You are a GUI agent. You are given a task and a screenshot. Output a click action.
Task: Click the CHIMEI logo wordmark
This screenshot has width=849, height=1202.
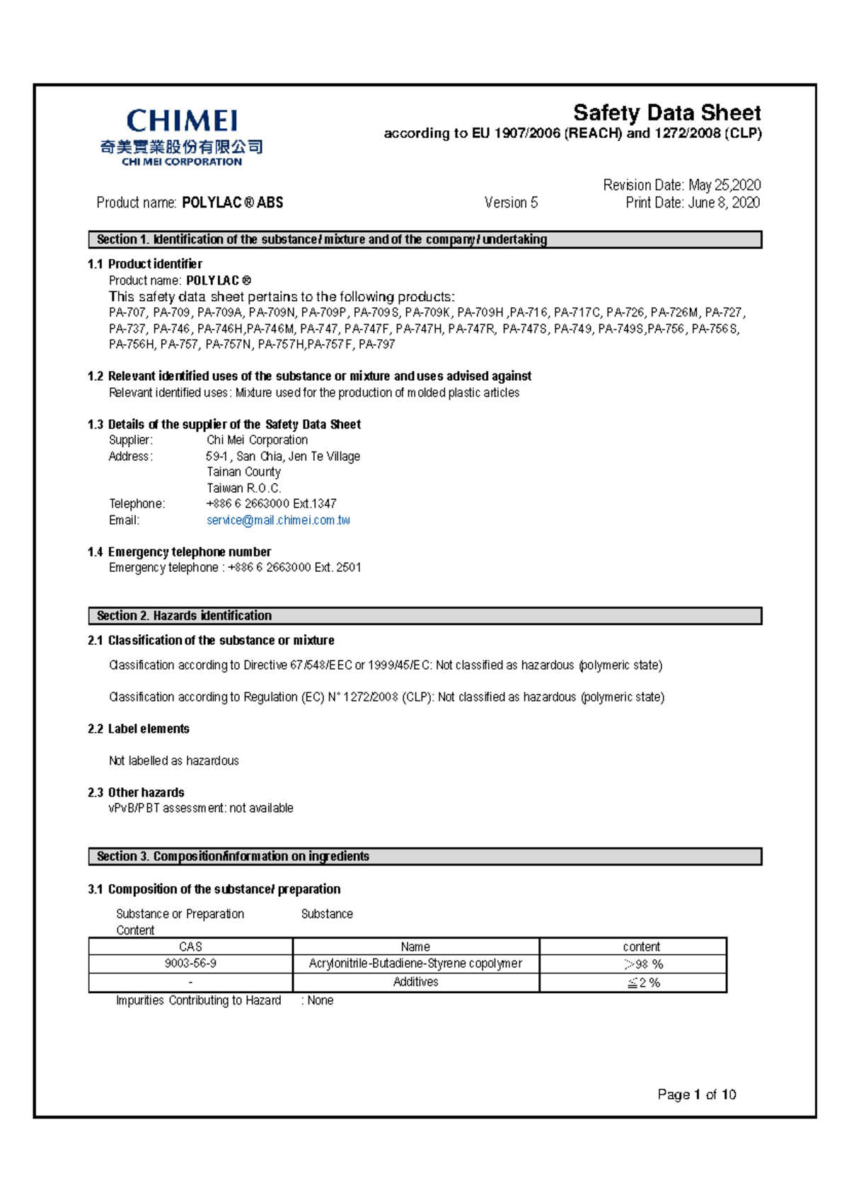coord(182,121)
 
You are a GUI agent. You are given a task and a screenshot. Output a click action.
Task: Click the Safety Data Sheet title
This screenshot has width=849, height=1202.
coord(666,113)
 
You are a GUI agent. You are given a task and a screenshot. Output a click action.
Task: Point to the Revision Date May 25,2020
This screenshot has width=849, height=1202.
coord(681,185)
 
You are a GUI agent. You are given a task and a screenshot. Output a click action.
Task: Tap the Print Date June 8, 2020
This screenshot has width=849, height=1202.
coord(693,203)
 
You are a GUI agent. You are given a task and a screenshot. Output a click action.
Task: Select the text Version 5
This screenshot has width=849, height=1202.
coord(511,203)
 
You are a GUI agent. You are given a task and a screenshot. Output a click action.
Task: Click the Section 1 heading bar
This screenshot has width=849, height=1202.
coord(424,239)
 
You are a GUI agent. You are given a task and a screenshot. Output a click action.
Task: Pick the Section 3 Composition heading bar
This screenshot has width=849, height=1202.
coord(424,857)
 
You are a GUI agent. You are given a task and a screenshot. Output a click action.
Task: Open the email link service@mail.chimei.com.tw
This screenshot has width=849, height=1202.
coord(278,520)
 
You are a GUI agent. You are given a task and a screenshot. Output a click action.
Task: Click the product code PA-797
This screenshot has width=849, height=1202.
coord(376,345)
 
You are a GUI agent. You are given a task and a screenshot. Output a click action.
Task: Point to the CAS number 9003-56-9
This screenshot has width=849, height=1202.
coord(190,963)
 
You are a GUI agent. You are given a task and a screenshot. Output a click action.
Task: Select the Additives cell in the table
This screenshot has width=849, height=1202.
coord(415,982)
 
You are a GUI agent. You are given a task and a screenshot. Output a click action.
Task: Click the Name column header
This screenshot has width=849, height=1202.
coord(415,946)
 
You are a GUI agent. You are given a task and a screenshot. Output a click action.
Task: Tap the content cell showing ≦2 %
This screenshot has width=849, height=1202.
coord(643,983)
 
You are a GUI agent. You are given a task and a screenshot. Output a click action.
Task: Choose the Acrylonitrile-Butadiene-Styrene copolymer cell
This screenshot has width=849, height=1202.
coord(415,963)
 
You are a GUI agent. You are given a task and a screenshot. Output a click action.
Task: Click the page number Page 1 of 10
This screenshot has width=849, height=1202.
coord(696,1094)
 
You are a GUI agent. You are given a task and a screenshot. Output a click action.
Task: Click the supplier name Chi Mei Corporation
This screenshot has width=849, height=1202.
coord(257,440)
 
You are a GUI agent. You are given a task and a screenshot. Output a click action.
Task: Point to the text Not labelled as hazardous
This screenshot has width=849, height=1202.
coord(173,761)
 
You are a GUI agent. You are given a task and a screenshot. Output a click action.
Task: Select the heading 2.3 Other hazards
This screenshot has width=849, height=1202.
coord(136,793)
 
